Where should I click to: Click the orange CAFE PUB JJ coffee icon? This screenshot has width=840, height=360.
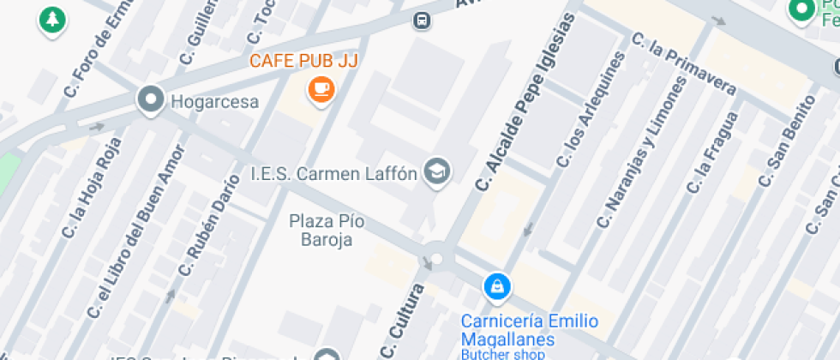click(x=321, y=88)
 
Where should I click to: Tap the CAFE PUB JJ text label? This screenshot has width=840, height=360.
click(x=303, y=61)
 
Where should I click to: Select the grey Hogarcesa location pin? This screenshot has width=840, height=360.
click(x=151, y=101)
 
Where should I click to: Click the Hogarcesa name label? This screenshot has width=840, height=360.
click(x=214, y=102)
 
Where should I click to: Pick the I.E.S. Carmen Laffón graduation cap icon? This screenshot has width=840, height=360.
click(x=438, y=171)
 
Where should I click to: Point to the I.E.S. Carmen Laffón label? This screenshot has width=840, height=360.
click(x=333, y=174)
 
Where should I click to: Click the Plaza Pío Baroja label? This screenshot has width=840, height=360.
click(x=327, y=231)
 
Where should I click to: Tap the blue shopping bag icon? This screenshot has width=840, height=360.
click(x=496, y=287)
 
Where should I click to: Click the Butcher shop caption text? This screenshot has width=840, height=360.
click(x=502, y=354)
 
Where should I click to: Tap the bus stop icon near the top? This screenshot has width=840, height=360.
click(x=421, y=20)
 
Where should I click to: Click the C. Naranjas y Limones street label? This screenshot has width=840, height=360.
click(x=641, y=157)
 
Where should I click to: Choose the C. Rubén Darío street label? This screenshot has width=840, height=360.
click(x=208, y=225)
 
